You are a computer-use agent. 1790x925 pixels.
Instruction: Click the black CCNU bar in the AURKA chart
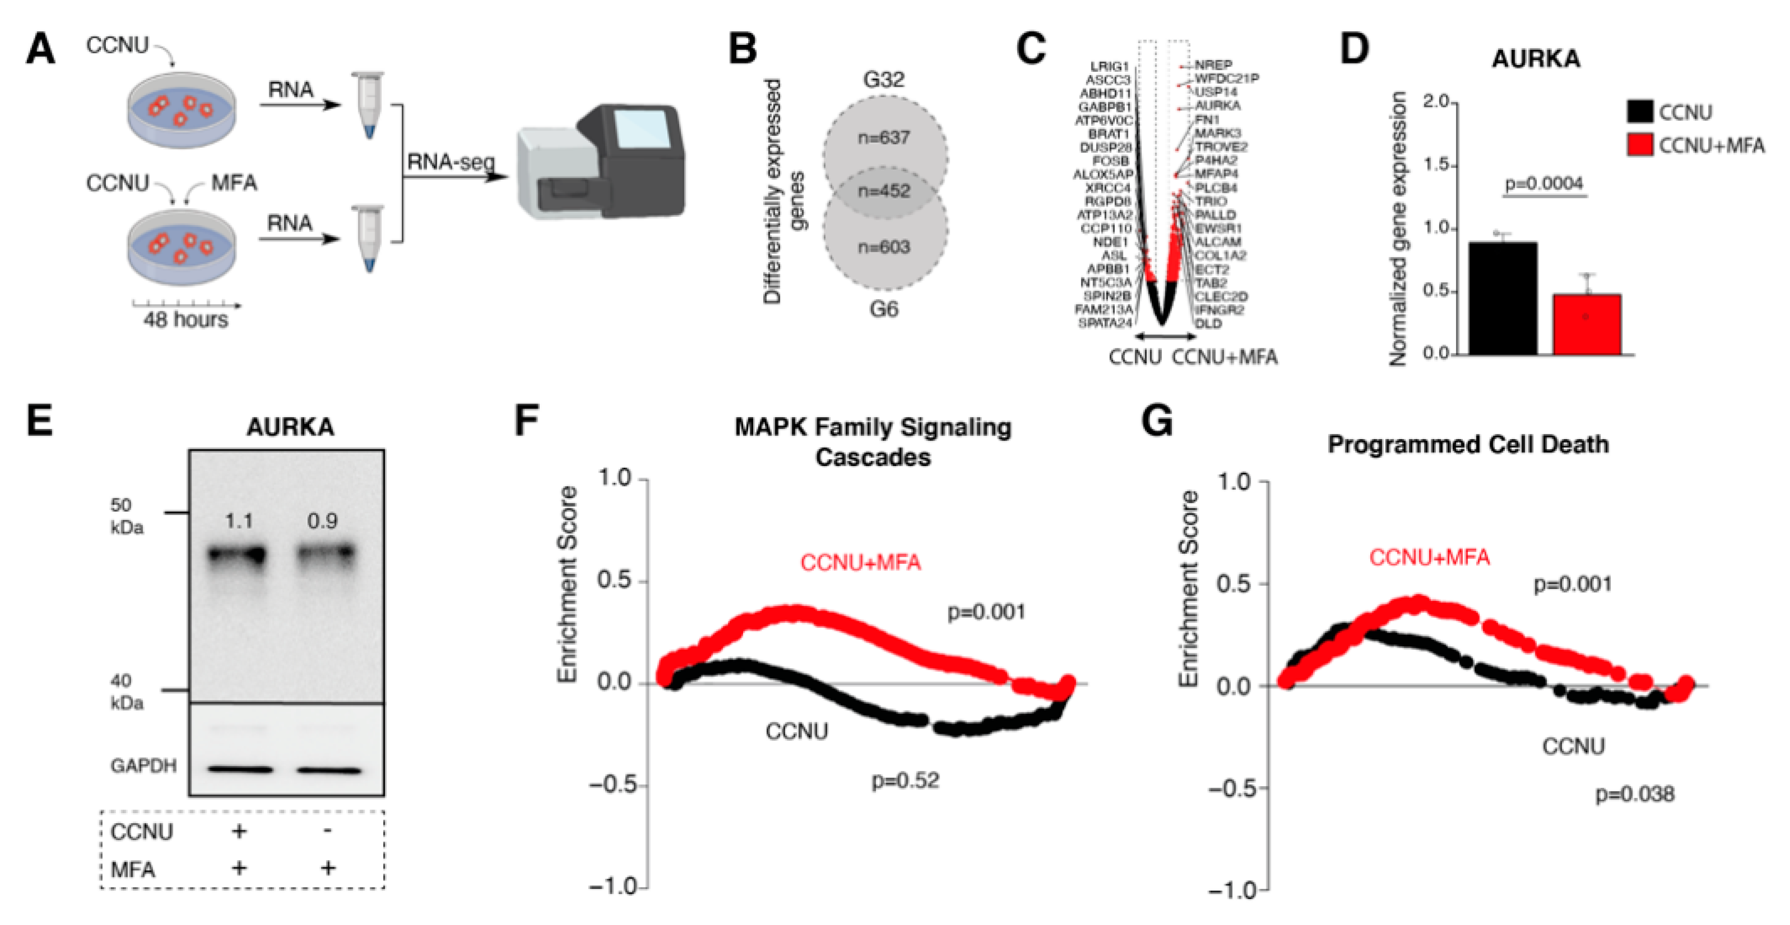(x=1502, y=299)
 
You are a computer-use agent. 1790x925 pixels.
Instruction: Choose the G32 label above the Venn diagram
(x=884, y=79)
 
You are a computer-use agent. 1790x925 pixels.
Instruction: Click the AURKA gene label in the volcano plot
(x=1217, y=105)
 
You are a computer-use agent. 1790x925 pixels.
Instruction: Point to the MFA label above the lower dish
(x=234, y=183)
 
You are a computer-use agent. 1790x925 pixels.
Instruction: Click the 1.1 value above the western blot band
(x=238, y=521)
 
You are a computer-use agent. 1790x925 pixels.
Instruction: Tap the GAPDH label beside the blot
(x=143, y=766)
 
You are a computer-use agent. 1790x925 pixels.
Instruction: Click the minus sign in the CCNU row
(x=327, y=830)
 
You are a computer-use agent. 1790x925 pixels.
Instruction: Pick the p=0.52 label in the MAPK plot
(x=905, y=781)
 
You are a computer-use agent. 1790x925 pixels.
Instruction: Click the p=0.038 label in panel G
(x=1634, y=793)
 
